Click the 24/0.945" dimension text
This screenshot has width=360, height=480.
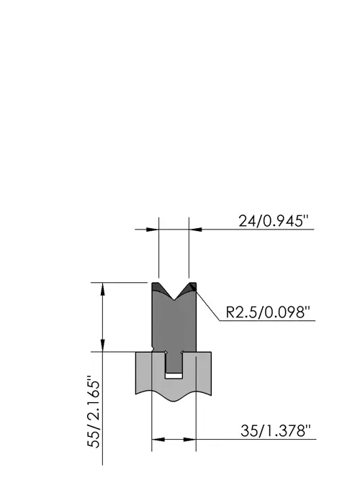pos(274,221)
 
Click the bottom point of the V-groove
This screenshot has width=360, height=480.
pos(174,300)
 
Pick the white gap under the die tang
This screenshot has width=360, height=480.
pos(174,376)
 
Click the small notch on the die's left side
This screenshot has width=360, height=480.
pos(152,349)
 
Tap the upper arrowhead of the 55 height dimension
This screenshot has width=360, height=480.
pos(103,289)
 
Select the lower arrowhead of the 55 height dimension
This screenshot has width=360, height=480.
pos(103,345)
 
